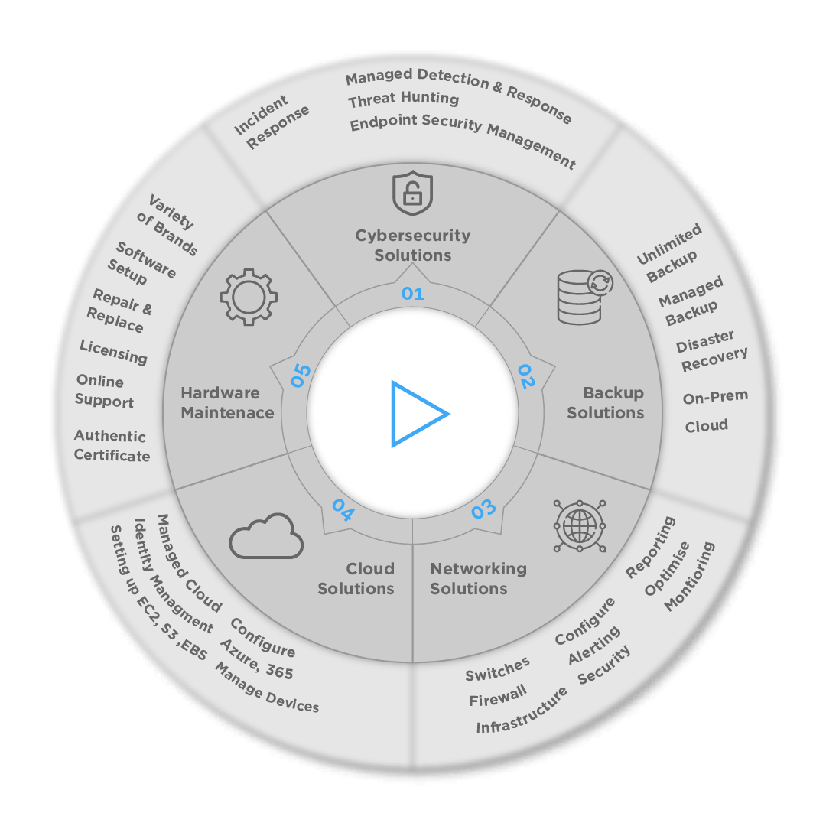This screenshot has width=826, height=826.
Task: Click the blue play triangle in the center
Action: point(417,414)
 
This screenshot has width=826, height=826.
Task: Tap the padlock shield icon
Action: point(412,193)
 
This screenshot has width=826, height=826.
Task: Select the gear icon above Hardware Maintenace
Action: point(249,298)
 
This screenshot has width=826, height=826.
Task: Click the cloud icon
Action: point(266,535)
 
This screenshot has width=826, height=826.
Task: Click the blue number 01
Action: point(412,293)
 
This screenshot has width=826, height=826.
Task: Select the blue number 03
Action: point(483,509)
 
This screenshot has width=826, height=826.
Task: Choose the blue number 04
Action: point(342,510)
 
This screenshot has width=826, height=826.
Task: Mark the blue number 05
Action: point(301,376)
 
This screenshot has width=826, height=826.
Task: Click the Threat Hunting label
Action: point(403,99)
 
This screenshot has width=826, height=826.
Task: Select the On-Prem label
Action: point(715,397)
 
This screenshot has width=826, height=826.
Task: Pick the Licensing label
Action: point(113,352)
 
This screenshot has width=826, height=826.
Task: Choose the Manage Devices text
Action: point(266,688)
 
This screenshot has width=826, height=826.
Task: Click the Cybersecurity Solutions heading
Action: point(412,245)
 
